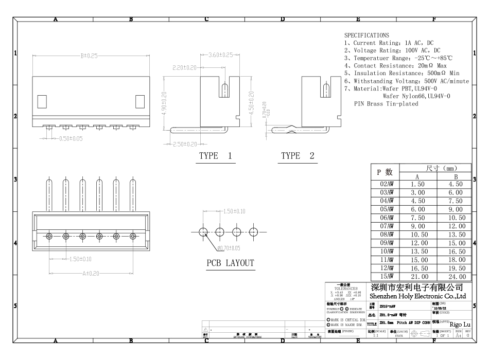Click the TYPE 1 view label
[215, 156]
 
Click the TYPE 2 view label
[298, 156]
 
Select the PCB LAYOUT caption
[230, 263]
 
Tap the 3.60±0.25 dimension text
[221, 55]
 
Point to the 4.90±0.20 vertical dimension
[164, 104]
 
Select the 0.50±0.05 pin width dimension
[69, 138]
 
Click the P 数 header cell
[386, 172]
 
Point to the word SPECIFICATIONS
[366, 35]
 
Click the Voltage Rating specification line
[392, 50]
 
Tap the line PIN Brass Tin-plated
[386, 103]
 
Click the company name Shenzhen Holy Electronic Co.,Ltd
[418, 296]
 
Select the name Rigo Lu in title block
[460, 324]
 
